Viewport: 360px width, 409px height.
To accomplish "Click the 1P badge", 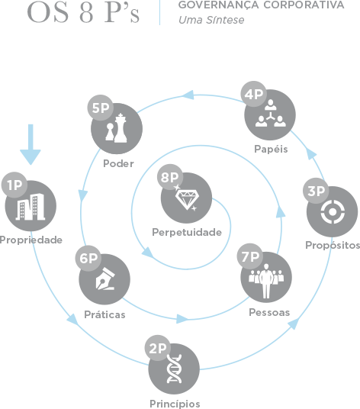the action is coord(14,185).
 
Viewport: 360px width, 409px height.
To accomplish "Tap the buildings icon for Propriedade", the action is coord(31,207).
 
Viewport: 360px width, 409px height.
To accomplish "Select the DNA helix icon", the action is coord(174,369).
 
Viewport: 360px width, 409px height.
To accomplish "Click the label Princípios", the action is coord(175,404).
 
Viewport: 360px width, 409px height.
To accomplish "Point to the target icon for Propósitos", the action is coord(333,212).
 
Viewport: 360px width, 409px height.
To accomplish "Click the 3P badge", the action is coord(316,191).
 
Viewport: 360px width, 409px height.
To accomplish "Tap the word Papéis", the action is coord(271,150).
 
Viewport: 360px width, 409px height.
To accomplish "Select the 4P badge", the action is coord(254,94).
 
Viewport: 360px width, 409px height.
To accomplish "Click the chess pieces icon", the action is coord(116,128).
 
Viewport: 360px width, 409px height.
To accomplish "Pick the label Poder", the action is coord(119,163).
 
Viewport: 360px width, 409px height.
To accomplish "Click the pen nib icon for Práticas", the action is coord(104,279).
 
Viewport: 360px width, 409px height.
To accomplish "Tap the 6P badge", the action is coord(88,258).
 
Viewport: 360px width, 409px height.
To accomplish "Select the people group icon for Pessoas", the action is coord(266,281).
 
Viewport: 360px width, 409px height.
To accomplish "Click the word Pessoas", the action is coord(269,312).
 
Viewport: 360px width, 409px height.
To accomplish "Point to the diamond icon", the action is coord(187,198).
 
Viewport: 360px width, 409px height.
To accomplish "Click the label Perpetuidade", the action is coord(187,233).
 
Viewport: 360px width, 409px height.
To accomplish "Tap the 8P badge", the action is coord(170,177).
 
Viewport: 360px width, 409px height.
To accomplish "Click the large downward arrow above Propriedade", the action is coord(31,144).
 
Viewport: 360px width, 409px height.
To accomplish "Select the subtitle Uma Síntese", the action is coord(211,20).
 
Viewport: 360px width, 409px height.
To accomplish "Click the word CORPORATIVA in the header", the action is coord(304,5).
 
